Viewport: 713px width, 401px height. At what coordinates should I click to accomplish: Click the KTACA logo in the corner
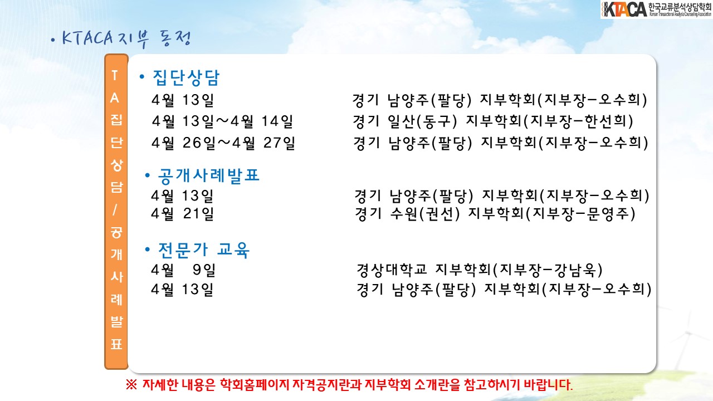click(x=656, y=9)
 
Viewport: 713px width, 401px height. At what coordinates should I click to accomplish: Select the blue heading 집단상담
click(x=186, y=77)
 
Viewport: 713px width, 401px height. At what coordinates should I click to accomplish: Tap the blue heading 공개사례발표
click(x=209, y=176)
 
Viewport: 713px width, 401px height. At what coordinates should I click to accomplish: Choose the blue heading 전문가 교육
click(x=204, y=250)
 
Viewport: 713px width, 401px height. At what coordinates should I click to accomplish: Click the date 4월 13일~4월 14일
click(x=222, y=121)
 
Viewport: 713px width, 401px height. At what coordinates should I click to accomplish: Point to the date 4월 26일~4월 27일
click(x=223, y=143)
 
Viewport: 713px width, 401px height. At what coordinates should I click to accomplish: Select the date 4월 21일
click(x=182, y=213)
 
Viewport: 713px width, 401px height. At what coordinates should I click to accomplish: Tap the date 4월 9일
click(x=183, y=270)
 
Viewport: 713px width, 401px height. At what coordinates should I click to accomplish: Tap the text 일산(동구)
click(x=422, y=121)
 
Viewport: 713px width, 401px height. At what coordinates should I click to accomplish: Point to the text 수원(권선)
click(x=425, y=213)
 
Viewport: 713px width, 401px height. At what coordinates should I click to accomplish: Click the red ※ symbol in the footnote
click(x=131, y=385)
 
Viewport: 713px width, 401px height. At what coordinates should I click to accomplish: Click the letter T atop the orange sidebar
click(x=115, y=75)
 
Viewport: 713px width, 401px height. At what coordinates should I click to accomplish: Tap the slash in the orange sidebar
click(x=115, y=210)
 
